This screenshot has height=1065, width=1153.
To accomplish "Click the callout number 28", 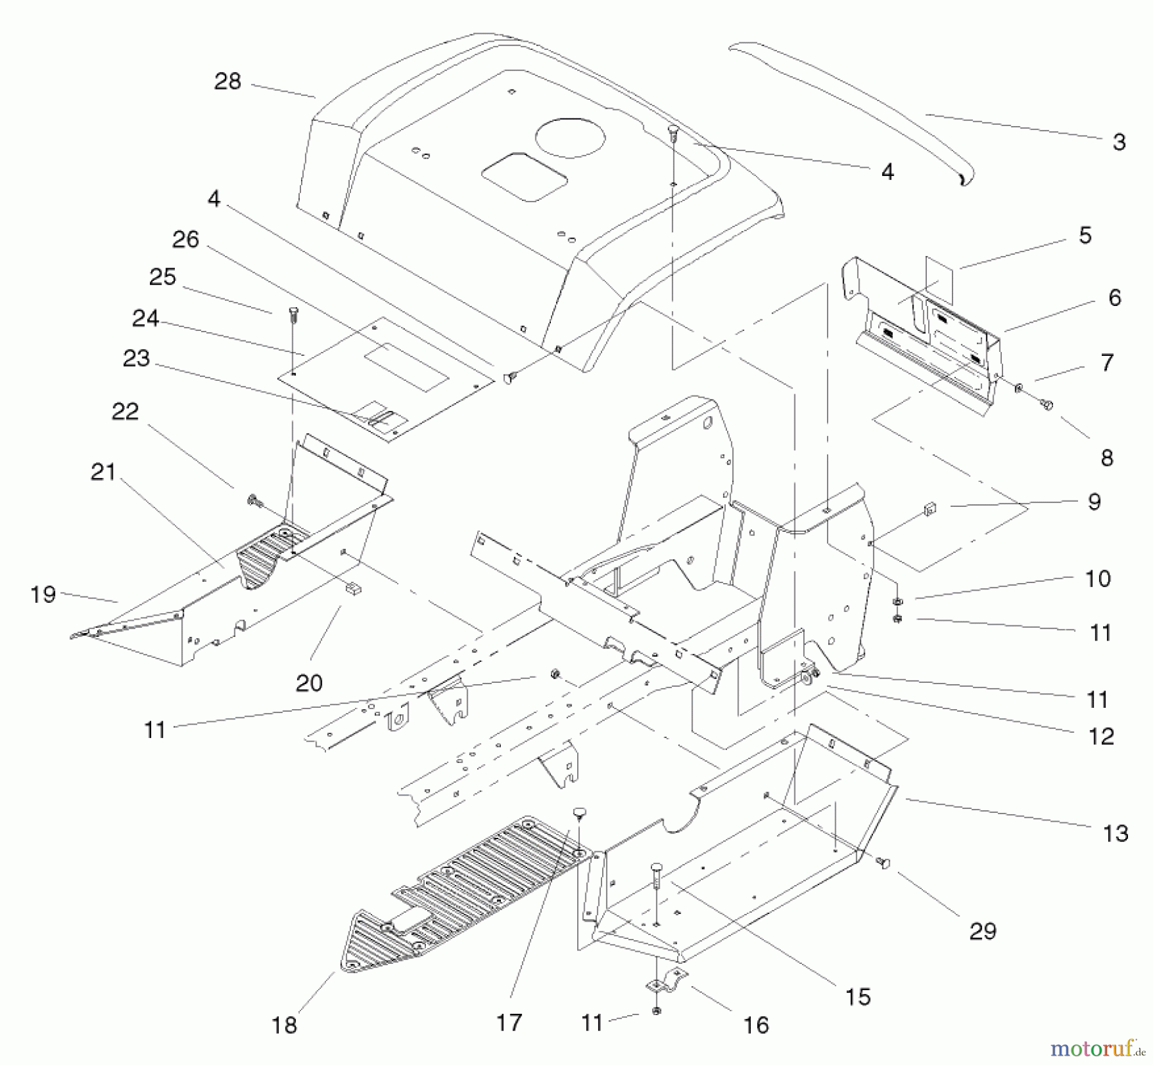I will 227,81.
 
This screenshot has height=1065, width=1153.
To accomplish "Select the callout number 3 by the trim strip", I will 1118,141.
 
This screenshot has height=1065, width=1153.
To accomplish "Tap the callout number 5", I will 1084,235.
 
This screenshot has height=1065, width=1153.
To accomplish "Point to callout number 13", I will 1115,833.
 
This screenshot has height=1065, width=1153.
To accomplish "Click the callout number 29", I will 983,931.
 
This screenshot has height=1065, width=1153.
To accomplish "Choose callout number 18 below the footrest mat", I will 284,1025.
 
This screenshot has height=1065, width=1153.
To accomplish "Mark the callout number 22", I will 125,411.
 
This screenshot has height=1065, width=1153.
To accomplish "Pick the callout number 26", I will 186,239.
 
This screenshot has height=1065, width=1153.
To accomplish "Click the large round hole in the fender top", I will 570,138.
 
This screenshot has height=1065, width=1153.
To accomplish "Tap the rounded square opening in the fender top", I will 524,177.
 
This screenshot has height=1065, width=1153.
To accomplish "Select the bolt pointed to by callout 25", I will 294,314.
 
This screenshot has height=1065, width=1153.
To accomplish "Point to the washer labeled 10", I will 897,600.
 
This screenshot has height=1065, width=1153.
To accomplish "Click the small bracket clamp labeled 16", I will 668,982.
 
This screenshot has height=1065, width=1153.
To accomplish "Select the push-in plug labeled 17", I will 579,812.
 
